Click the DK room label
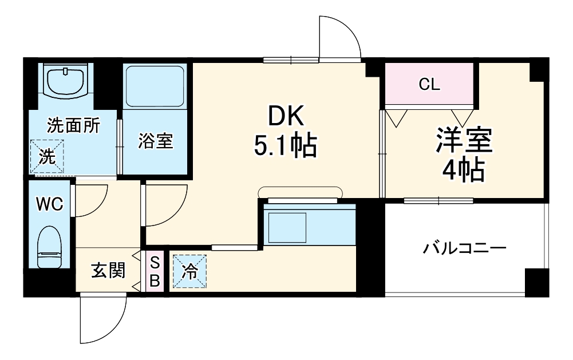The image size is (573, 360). pos(284,117)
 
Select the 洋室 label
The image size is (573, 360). pos(464,141)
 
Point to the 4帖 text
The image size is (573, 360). pos(464,169)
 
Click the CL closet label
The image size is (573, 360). pos(429,85)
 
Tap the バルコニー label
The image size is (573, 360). pos(465,248)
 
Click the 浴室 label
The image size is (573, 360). pos(155,141)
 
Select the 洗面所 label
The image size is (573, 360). pos(73,125)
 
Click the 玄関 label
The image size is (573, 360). pos(108,271)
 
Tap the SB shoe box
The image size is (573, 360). pos(155,271)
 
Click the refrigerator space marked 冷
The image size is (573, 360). pos(189,271)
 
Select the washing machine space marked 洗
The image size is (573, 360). pos(48,156)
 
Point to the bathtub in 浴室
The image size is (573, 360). pos(155,86)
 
